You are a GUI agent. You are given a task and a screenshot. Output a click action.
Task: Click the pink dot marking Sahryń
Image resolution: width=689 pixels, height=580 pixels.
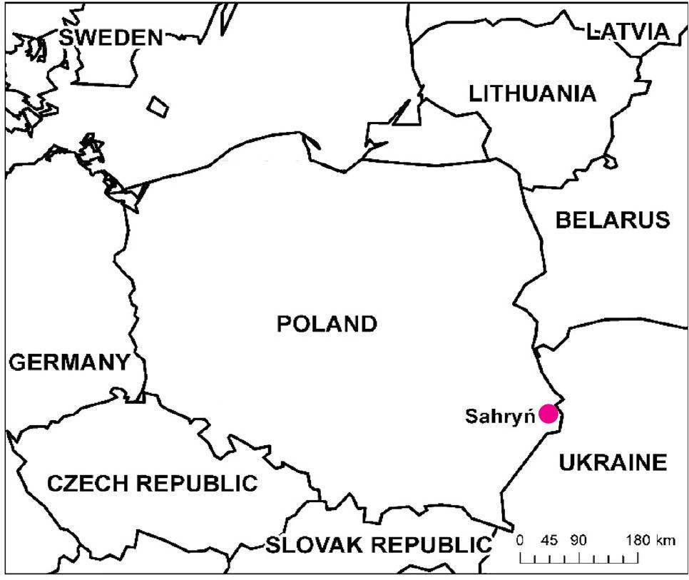pyautogui.click(x=548, y=414)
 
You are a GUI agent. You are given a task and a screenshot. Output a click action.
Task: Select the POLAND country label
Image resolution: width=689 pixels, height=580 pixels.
pyautogui.click(x=327, y=325)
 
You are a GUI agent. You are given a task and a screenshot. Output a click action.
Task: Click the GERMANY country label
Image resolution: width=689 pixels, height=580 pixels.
pyautogui.click(x=68, y=362)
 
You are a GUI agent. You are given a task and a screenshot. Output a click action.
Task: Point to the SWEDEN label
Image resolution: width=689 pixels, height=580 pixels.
pyautogui.click(x=111, y=38)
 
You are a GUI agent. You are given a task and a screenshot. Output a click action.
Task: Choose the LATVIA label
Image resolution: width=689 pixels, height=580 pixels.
pyautogui.click(x=628, y=31)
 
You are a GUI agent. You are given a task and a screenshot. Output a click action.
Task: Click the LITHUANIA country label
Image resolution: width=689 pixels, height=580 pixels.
pyautogui.click(x=531, y=93)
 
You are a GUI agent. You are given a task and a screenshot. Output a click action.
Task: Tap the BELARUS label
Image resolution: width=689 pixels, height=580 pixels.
pyautogui.click(x=613, y=220)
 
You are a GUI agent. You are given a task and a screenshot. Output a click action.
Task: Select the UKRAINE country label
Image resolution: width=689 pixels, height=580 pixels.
pyautogui.click(x=613, y=463)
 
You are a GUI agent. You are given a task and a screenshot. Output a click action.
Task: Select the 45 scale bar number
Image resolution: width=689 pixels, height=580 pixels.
pyautogui.click(x=549, y=539)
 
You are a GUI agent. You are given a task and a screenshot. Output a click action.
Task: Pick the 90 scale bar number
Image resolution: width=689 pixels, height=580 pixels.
pyautogui.click(x=578, y=539)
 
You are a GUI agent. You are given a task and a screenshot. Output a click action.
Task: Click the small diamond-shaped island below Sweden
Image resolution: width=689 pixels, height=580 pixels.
pyautogui.click(x=158, y=106)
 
